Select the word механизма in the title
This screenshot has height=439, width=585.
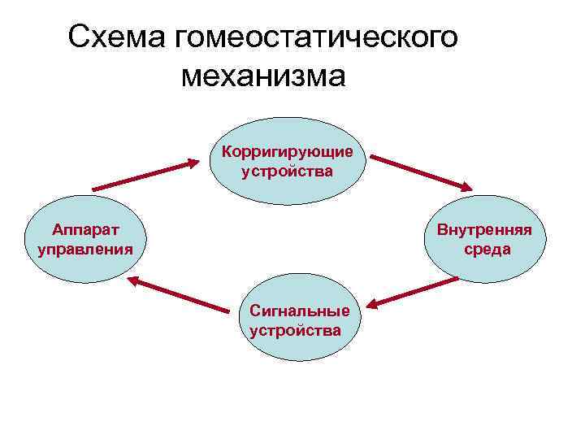263,76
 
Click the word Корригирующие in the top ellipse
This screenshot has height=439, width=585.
287,152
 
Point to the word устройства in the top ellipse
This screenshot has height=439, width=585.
287,172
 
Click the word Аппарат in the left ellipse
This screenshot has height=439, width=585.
85,229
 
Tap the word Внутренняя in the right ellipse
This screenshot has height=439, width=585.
484,229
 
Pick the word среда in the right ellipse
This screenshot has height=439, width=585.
487,249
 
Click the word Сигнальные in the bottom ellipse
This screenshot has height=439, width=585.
300,311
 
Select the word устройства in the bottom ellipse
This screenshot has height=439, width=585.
296,330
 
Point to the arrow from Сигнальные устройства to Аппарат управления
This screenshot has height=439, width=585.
178,293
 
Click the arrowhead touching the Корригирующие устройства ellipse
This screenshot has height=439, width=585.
193,163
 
